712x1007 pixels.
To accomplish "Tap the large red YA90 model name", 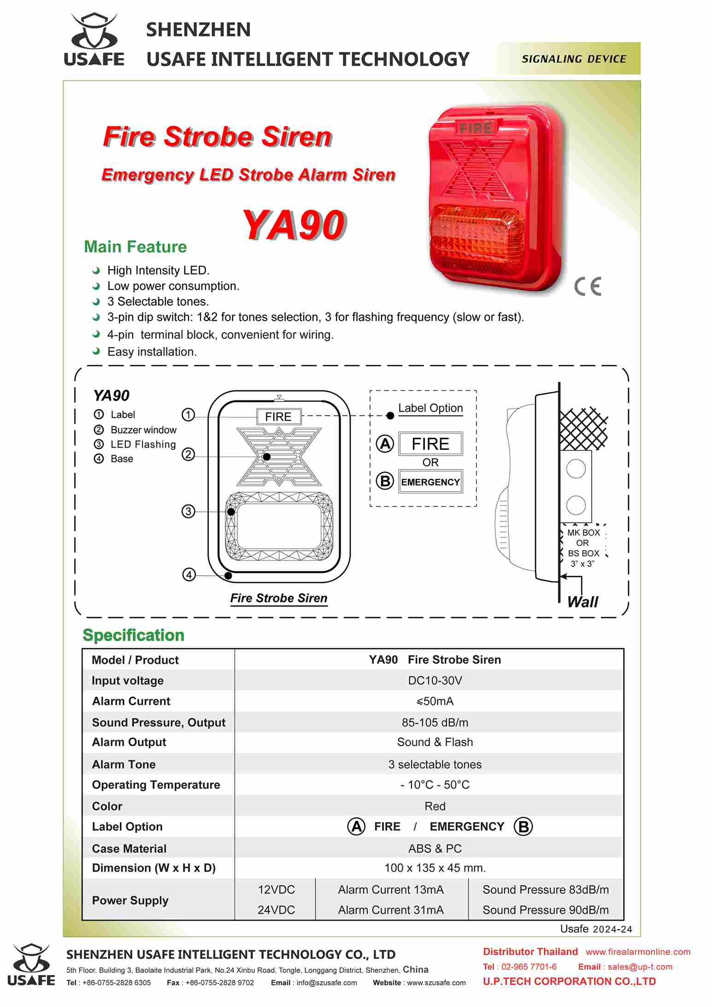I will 293,225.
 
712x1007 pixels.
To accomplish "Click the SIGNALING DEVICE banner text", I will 574,59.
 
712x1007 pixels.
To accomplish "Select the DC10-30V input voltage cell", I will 435,680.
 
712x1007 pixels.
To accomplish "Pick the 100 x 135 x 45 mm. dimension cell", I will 435,868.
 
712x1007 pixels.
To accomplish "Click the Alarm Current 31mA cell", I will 391,910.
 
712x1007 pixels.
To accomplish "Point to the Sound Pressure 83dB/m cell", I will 546,889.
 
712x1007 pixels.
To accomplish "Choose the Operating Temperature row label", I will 156,785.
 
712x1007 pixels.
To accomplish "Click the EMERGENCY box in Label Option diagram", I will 430,482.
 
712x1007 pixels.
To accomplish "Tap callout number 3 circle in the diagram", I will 188,512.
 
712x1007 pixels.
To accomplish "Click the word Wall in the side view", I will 583,602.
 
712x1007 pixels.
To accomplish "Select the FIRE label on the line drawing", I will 278,417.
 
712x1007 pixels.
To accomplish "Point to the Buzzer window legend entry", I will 143,430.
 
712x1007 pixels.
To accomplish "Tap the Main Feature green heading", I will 135,247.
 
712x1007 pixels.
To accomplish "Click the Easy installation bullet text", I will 152,352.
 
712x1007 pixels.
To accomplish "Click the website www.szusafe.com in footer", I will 436,983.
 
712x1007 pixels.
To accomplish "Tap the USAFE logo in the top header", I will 94,40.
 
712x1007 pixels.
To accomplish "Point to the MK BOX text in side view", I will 583,532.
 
